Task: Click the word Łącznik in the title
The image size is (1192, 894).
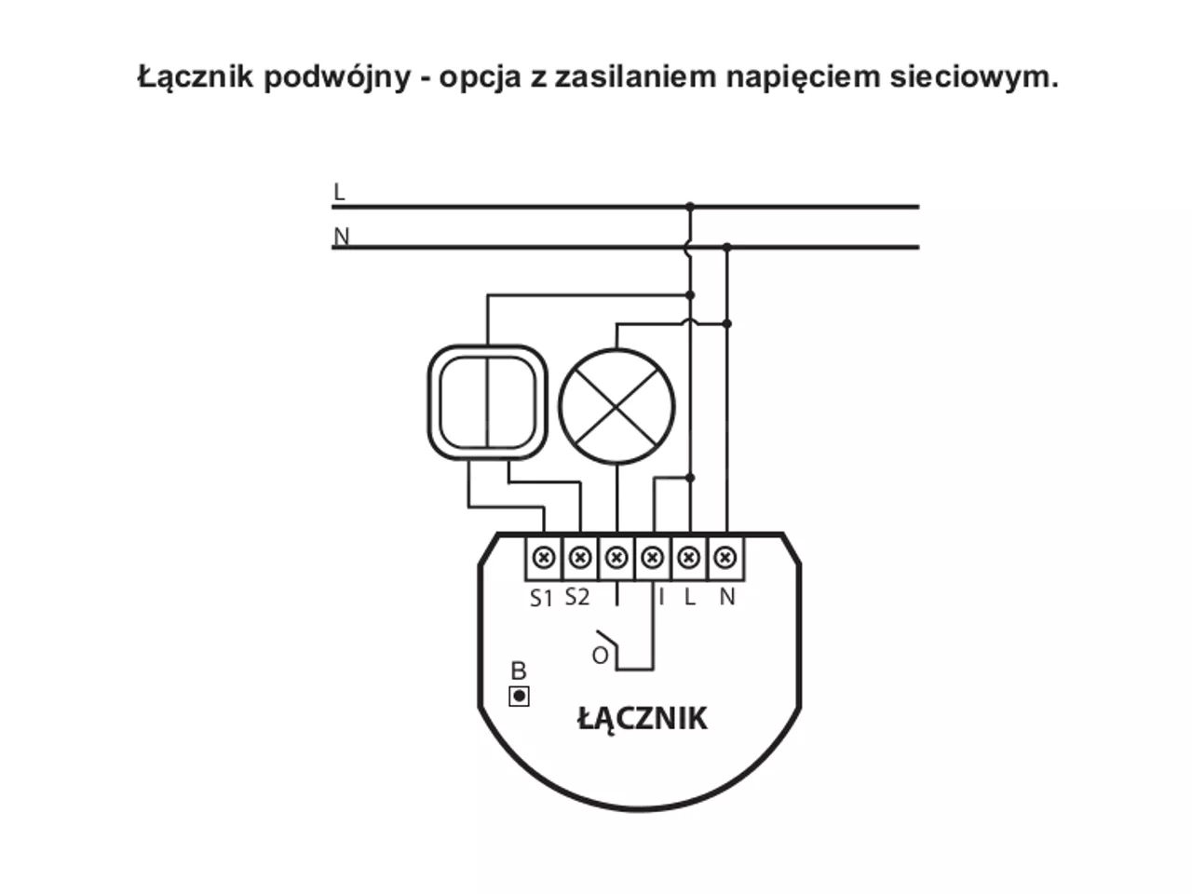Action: (196, 77)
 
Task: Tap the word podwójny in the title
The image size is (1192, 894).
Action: (337, 77)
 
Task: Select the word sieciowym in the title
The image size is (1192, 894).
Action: (975, 76)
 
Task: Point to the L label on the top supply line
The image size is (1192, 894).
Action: (339, 192)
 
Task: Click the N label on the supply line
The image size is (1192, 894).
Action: (341, 237)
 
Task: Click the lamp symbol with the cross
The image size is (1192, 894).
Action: (616, 407)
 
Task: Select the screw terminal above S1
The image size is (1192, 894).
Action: (544, 558)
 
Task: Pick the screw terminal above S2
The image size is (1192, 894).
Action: (580, 558)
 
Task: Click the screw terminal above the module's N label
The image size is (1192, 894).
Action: (725, 558)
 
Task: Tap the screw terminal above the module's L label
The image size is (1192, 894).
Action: (689, 558)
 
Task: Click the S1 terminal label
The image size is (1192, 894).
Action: (541, 598)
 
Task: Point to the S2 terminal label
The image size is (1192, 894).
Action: (576, 597)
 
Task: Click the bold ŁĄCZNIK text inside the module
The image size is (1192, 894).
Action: (643, 720)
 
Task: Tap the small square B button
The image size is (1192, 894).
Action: (519, 697)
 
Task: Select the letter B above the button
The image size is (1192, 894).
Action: (519, 671)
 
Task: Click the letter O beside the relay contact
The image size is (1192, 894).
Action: (600, 657)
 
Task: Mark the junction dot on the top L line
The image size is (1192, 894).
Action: (690, 206)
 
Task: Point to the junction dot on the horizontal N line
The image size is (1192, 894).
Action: (727, 248)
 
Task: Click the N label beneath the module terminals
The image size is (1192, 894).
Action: (727, 597)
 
